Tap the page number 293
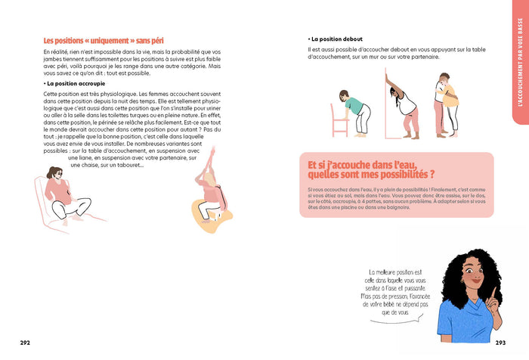pyautogui.click(x=500, y=343)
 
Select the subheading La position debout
pyautogui.click(x=338, y=39)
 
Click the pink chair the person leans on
pyautogui.click(x=338, y=105)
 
